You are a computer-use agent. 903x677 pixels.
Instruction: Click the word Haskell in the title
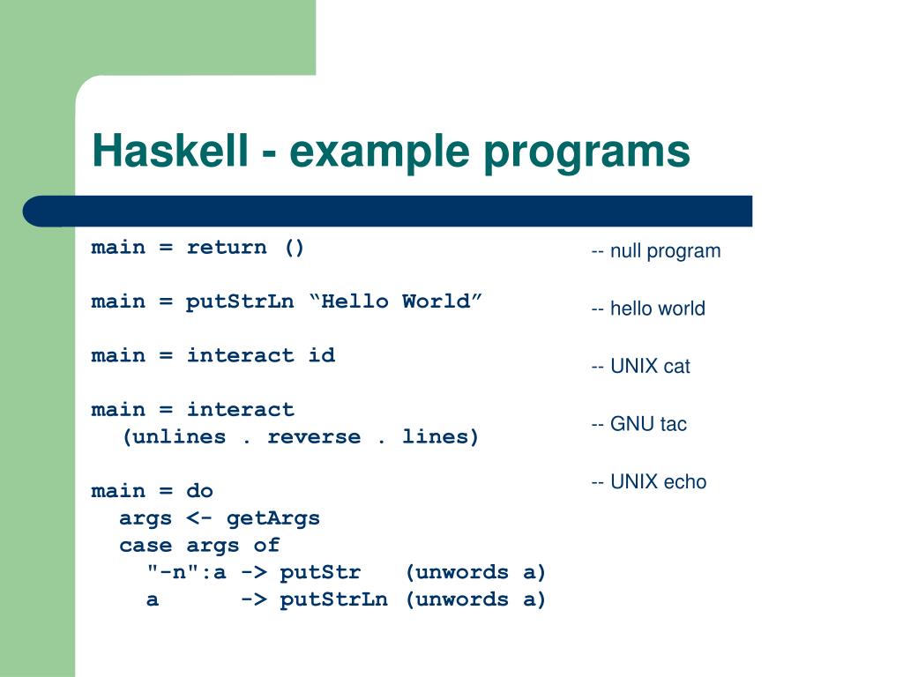pyautogui.click(x=169, y=151)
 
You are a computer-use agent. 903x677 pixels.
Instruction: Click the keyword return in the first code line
pyautogui.click(x=227, y=247)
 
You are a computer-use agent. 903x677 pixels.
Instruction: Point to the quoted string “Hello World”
pyautogui.click(x=396, y=301)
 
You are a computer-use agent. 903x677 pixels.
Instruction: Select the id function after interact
pyautogui.click(x=322, y=355)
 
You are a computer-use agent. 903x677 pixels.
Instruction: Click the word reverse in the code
pyautogui.click(x=314, y=437)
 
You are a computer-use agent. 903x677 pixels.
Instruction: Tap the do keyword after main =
pyautogui.click(x=200, y=491)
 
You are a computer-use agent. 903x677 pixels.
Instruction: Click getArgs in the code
pyautogui.click(x=273, y=518)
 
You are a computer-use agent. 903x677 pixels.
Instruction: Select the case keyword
pyautogui.click(x=146, y=546)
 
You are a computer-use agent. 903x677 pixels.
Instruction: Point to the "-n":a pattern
pyautogui.click(x=187, y=572)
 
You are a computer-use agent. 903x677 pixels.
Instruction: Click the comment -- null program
pyautogui.click(x=655, y=251)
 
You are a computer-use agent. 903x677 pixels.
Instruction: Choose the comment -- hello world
pyautogui.click(x=648, y=309)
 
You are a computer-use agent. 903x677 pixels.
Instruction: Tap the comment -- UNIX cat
pyautogui.click(x=640, y=367)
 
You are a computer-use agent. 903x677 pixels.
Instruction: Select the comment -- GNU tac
pyautogui.click(x=638, y=424)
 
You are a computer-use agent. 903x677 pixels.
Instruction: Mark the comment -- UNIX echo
pyautogui.click(x=648, y=482)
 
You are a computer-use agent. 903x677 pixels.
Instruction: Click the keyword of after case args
pyautogui.click(x=266, y=546)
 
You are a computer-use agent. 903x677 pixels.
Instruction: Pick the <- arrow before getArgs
pyautogui.click(x=199, y=518)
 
